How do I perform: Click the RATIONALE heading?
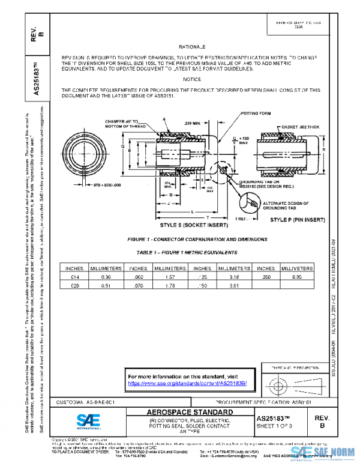(192, 46)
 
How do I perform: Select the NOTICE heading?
(192, 79)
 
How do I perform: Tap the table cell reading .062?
(139, 277)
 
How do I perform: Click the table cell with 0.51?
(106, 286)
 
